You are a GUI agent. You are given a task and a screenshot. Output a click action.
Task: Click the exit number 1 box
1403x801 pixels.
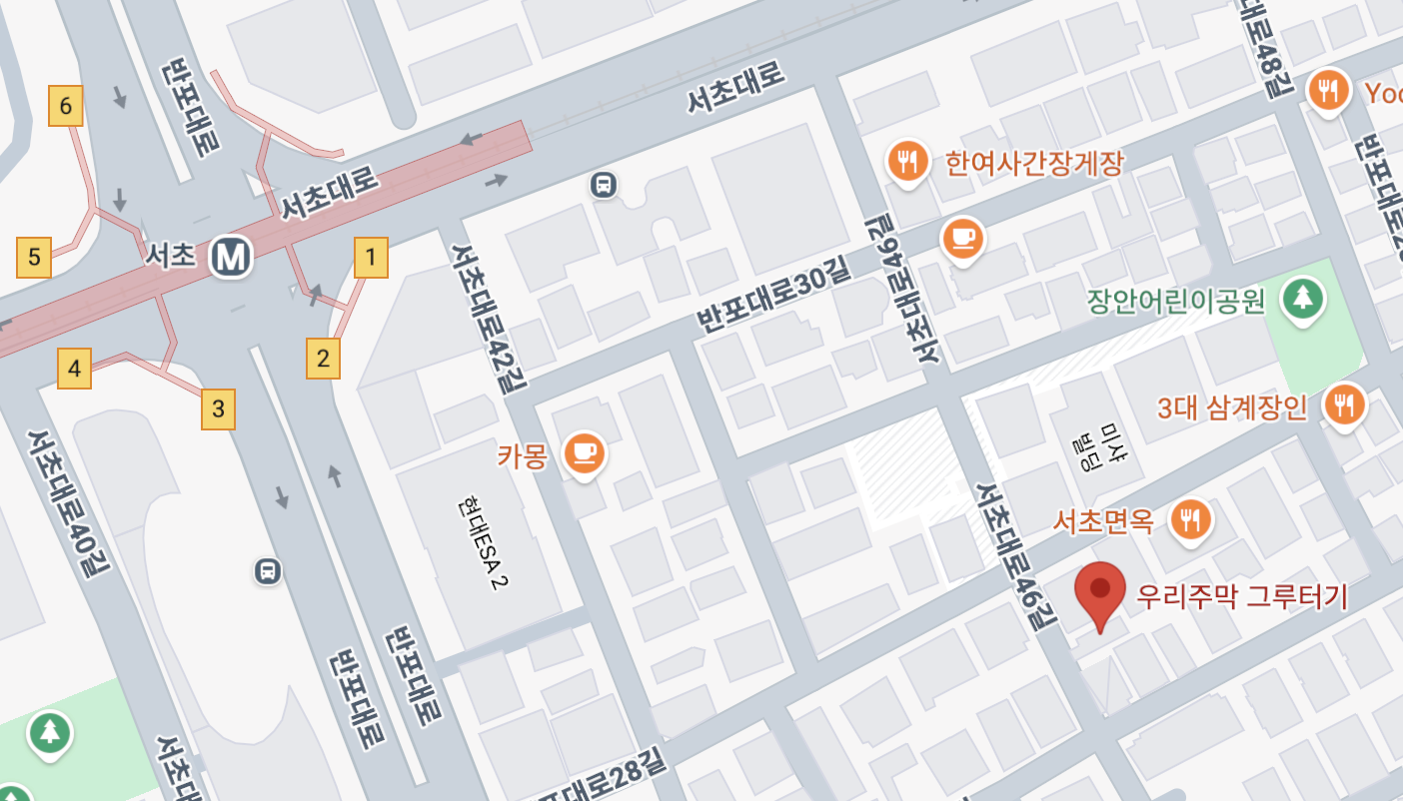[371, 258]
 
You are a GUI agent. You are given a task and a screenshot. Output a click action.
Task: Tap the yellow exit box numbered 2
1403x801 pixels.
[323, 358]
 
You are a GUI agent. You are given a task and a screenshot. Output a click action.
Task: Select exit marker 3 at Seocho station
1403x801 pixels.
[218, 408]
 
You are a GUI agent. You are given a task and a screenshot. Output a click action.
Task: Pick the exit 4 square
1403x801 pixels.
[75, 368]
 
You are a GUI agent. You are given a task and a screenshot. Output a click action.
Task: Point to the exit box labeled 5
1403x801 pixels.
[34, 258]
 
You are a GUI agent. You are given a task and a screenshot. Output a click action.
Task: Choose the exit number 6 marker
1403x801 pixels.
[66, 106]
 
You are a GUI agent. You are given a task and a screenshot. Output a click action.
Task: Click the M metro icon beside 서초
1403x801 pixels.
[231, 257]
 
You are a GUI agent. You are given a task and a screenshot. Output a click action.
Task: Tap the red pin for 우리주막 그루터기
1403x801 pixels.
[1099, 589]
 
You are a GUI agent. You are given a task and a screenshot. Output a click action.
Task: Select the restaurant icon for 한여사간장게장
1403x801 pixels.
[907, 160]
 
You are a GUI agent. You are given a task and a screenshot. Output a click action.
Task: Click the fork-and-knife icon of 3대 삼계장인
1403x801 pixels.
[1344, 404]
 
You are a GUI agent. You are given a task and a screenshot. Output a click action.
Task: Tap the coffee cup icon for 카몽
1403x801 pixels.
[584, 453]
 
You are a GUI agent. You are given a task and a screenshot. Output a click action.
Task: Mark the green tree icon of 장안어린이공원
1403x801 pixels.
[1301, 298]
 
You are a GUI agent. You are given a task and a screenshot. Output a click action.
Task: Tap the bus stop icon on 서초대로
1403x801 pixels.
[603, 184]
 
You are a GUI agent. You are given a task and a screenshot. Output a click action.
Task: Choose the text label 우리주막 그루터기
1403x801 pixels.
[1242, 597]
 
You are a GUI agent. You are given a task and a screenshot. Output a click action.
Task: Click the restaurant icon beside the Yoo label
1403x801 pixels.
[1327, 91]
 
